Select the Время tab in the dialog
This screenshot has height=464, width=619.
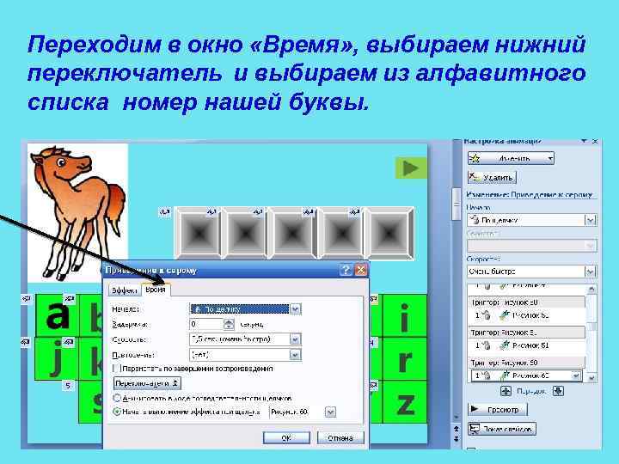tap(156, 290)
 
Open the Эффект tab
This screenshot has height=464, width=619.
tap(124, 290)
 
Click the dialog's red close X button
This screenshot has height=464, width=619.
tap(359, 270)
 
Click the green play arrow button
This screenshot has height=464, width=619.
tap(413, 168)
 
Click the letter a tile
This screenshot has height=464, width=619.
tap(57, 315)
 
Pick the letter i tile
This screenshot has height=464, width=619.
tap(403, 320)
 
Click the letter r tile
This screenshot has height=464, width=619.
tap(403, 361)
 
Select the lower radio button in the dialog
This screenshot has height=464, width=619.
tap(118, 412)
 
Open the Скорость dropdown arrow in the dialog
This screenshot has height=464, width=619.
tap(295, 339)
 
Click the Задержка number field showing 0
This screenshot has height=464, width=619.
tap(205, 324)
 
